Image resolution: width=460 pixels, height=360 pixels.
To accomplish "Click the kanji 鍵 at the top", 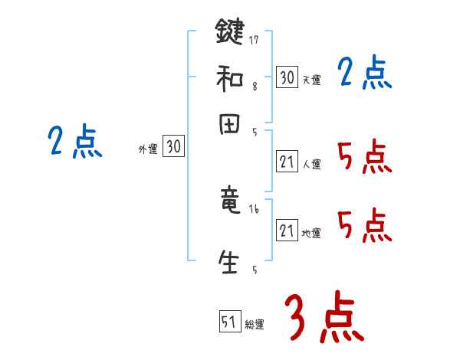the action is (230, 34).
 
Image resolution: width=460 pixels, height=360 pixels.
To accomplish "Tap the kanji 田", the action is (230, 126).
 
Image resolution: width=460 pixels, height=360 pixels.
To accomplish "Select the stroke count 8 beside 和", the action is (254, 87).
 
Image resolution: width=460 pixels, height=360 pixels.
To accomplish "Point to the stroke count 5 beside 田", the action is (254, 132).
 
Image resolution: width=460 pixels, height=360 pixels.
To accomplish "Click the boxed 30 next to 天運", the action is (287, 77).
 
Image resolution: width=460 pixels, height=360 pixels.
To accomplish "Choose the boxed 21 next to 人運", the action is (287, 162).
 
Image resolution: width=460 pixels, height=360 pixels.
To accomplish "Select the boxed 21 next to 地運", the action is (287, 231).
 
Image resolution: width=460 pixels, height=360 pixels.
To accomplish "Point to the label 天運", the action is (311, 80).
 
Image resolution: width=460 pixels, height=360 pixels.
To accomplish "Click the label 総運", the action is (254, 325).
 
